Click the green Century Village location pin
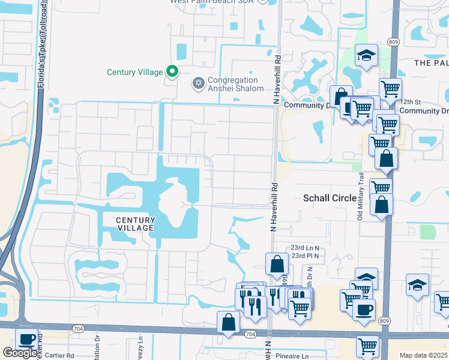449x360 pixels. [172, 71]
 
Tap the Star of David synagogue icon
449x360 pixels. [198, 83]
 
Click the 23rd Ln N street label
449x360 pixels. [306, 248]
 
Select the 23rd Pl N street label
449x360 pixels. [305, 256]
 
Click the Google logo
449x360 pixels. [20, 353]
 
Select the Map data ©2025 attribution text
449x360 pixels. [423, 355]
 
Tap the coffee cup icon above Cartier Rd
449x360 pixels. [26, 339]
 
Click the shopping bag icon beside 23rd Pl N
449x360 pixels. [277, 263]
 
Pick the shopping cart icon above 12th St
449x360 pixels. [390, 89]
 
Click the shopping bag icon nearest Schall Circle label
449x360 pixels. [381, 205]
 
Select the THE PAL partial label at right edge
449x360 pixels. [431, 62]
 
